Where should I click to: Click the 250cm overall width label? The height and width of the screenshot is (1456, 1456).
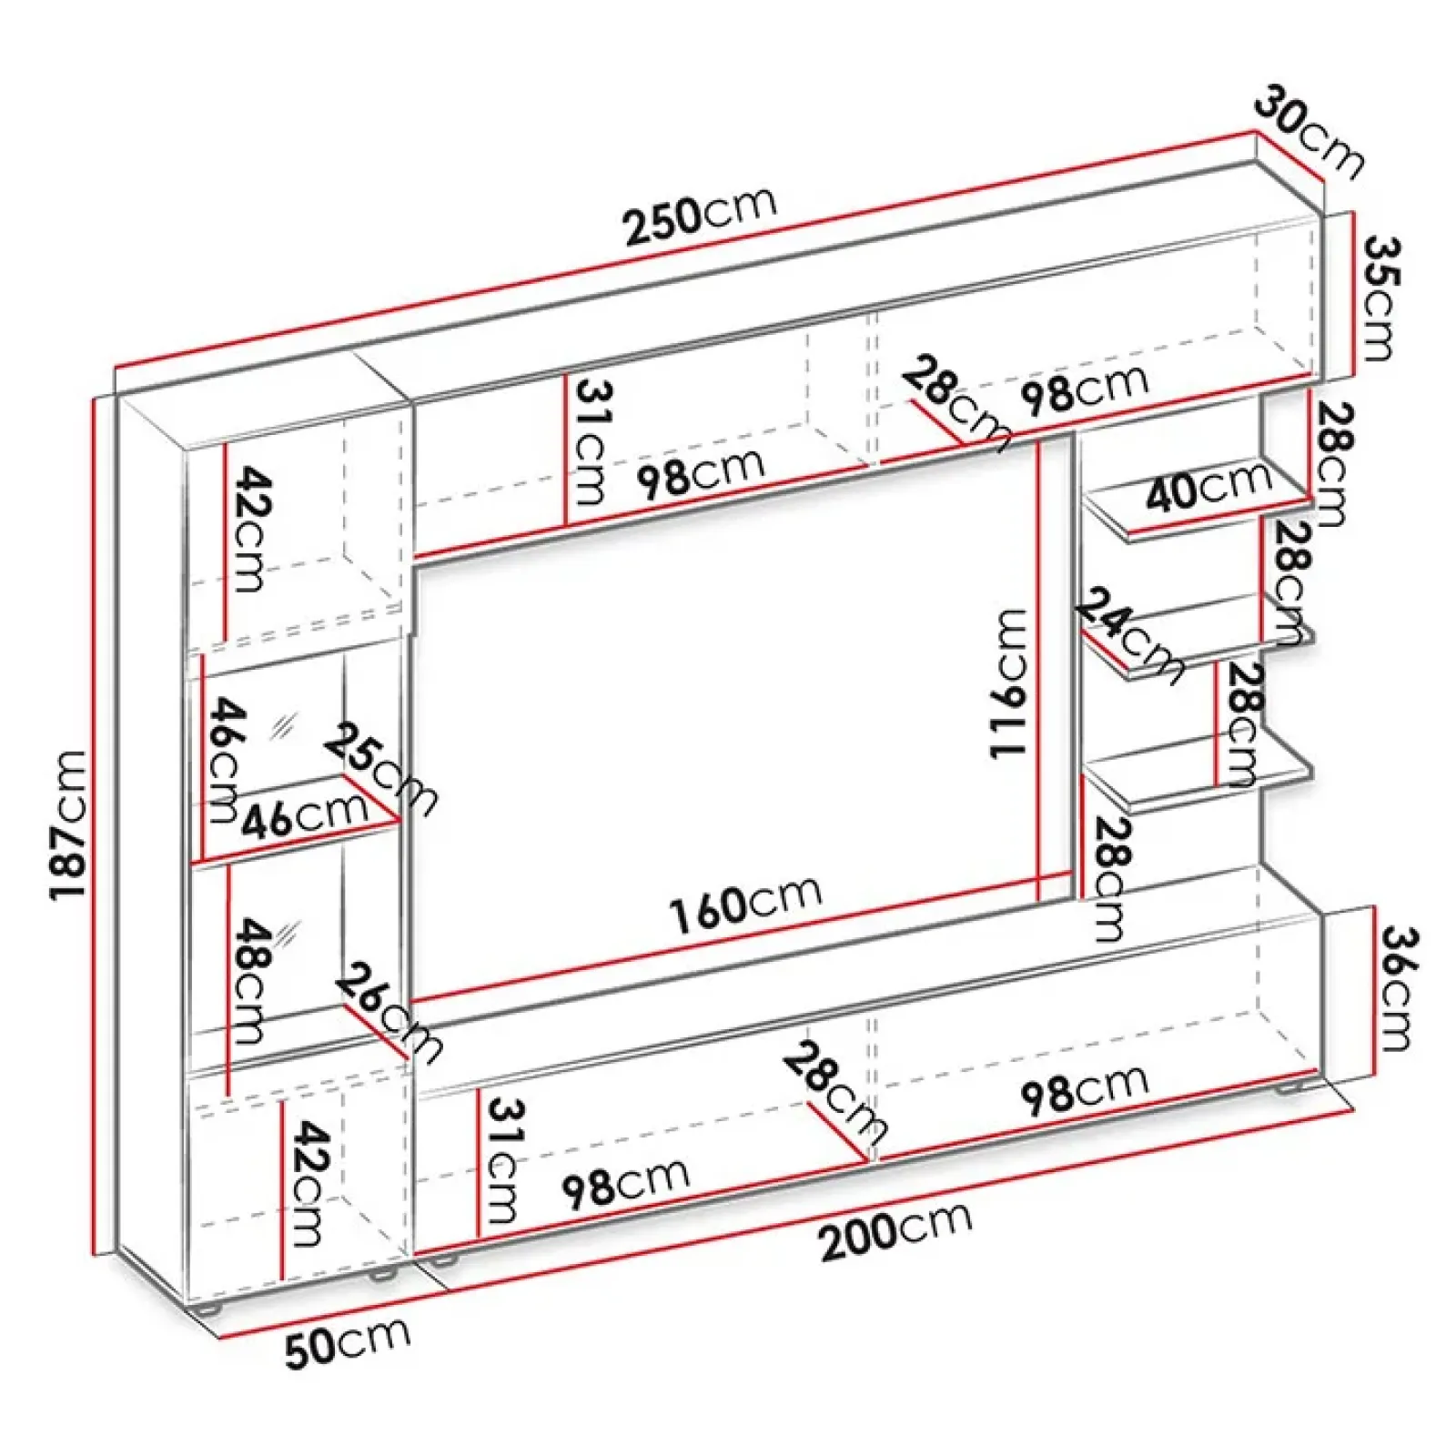click(x=700, y=217)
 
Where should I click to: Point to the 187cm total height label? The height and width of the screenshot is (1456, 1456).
click(x=69, y=824)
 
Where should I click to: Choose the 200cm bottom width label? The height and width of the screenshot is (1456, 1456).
click(x=895, y=1228)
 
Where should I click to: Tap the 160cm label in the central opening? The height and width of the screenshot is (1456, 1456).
click(x=745, y=902)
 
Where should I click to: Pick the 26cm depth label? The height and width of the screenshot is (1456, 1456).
click(x=388, y=1011)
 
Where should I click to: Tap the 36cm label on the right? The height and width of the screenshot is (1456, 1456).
click(x=1396, y=987)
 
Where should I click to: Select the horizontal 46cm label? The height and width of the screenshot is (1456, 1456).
click(x=304, y=815)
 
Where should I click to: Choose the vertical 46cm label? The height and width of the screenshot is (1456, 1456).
click(x=224, y=759)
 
